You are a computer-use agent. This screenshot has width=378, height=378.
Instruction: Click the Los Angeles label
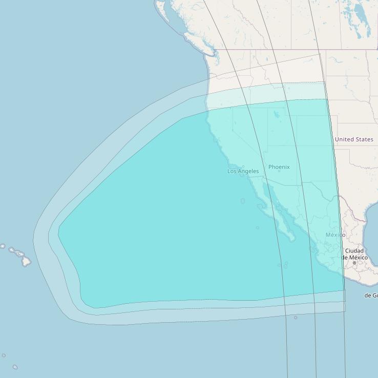[243, 171]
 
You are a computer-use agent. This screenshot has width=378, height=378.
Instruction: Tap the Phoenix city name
[279, 167]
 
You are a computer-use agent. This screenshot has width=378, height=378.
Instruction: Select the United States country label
[354, 139]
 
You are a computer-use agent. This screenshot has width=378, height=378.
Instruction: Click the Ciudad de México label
[354, 254]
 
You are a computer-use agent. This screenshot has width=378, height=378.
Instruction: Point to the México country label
[335, 235]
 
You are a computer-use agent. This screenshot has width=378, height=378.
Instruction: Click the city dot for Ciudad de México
[354, 263]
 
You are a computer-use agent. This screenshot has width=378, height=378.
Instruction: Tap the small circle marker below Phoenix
[279, 171]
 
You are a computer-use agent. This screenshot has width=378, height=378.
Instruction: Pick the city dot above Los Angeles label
[243, 166]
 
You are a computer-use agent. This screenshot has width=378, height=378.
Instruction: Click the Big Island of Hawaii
[26, 262]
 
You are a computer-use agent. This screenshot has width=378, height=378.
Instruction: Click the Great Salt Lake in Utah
[277, 114]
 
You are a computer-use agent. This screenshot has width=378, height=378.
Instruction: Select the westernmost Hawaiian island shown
[3, 246]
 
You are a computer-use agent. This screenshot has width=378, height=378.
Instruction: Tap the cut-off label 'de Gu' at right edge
[371, 296]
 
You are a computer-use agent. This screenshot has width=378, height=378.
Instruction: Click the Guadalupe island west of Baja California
[243, 201]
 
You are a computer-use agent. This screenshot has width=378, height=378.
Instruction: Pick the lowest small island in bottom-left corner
[15, 367]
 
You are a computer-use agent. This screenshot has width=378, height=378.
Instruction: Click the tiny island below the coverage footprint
[296, 318]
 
